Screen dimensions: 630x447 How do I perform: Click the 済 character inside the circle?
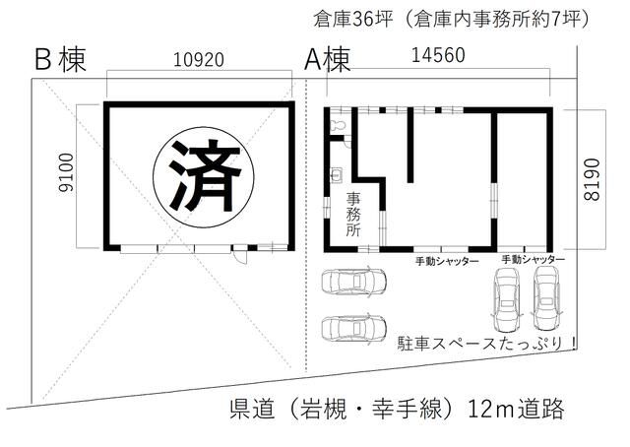pyautogui.click(x=204, y=176)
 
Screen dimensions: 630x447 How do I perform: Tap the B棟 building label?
pyautogui.click(x=60, y=60)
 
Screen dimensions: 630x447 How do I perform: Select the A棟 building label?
pyautogui.click(x=327, y=60)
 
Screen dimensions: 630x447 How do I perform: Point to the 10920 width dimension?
pyautogui.click(x=199, y=60)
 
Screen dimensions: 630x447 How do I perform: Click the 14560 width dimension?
pyautogui.click(x=438, y=55)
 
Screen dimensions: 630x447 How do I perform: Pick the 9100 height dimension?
pyautogui.click(x=67, y=172)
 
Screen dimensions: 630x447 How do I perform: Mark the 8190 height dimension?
pyautogui.click(x=593, y=179)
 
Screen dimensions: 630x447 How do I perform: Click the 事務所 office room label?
pyautogui.click(x=353, y=215)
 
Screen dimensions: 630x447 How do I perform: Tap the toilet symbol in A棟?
pyautogui.click(x=337, y=124)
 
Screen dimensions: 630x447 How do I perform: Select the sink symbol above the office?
pyautogui.click(x=336, y=174)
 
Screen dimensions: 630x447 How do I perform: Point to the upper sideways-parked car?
pyautogui.click(x=354, y=281)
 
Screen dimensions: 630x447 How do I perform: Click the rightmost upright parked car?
pyautogui.click(x=546, y=296)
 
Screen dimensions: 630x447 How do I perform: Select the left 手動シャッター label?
pyautogui.click(x=447, y=262)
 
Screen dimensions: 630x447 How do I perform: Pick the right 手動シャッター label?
pyautogui.click(x=534, y=260)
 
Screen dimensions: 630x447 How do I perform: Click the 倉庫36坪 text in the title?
pyautogui.click(x=352, y=20)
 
